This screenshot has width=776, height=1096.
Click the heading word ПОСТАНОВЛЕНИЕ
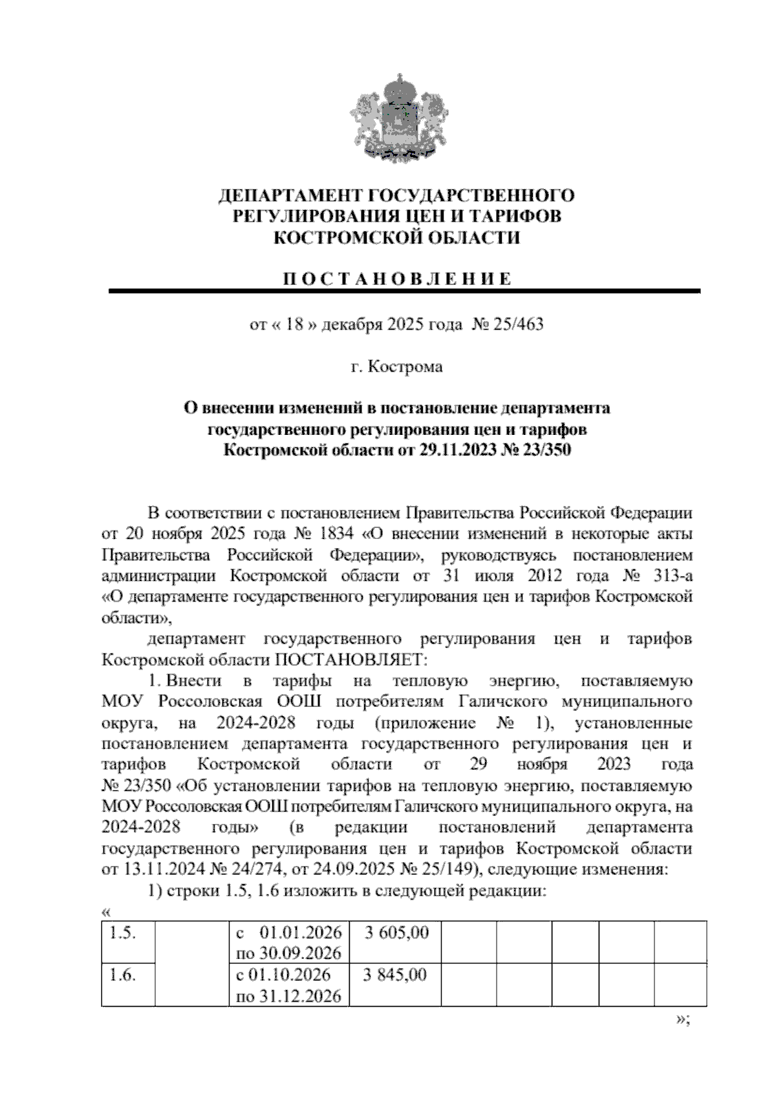[397, 279]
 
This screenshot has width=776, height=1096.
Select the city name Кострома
[405, 367]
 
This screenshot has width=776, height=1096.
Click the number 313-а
[671, 576]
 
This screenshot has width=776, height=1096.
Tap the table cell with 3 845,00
[395, 975]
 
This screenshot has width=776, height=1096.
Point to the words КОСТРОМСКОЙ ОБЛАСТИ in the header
[397, 238]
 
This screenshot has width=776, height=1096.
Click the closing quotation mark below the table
[684, 1020]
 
